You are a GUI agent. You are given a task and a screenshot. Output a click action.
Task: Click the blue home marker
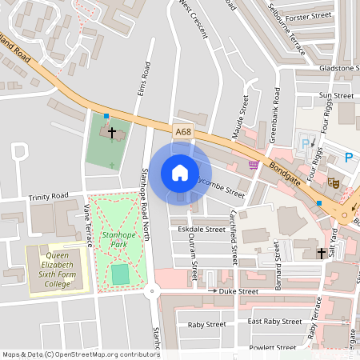click(x=180, y=173)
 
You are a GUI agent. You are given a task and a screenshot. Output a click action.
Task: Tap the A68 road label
click(x=182, y=130)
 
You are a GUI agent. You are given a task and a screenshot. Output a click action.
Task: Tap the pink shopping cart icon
click(x=254, y=165)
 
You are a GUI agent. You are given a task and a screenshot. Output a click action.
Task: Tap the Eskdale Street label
click(x=202, y=229)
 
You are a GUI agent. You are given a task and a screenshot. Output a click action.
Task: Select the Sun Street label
click(x=336, y=95)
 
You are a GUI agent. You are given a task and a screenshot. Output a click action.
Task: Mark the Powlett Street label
click(x=272, y=347)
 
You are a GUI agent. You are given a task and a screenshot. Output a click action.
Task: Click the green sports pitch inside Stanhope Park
click(x=120, y=274)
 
